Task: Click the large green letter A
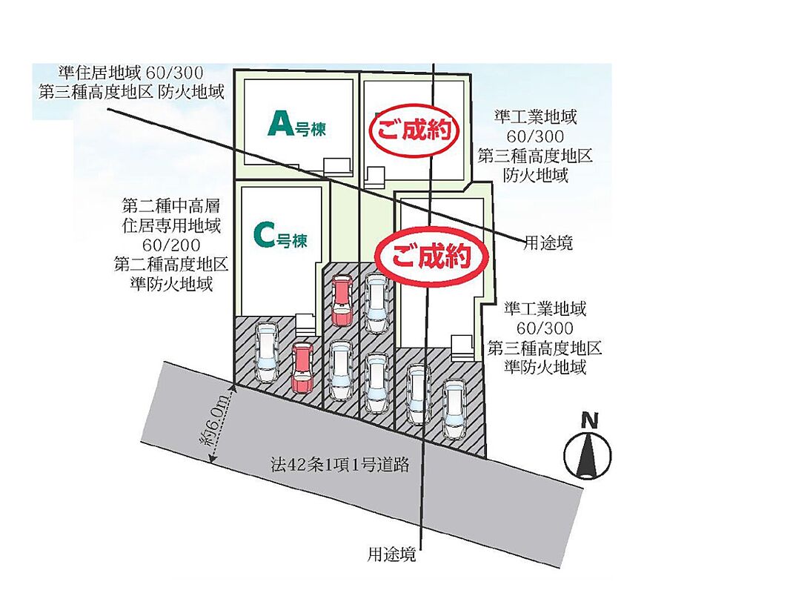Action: [280, 123]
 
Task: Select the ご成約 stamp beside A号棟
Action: [414, 131]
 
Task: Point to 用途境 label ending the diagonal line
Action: [548, 243]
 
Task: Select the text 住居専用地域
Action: [170, 224]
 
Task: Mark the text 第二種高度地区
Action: [170, 265]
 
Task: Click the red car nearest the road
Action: [302, 367]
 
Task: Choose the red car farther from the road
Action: [342, 299]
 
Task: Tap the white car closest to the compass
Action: [454, 408]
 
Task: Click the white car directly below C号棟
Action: [265, 352]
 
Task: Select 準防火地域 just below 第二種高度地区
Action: [170, 284]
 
